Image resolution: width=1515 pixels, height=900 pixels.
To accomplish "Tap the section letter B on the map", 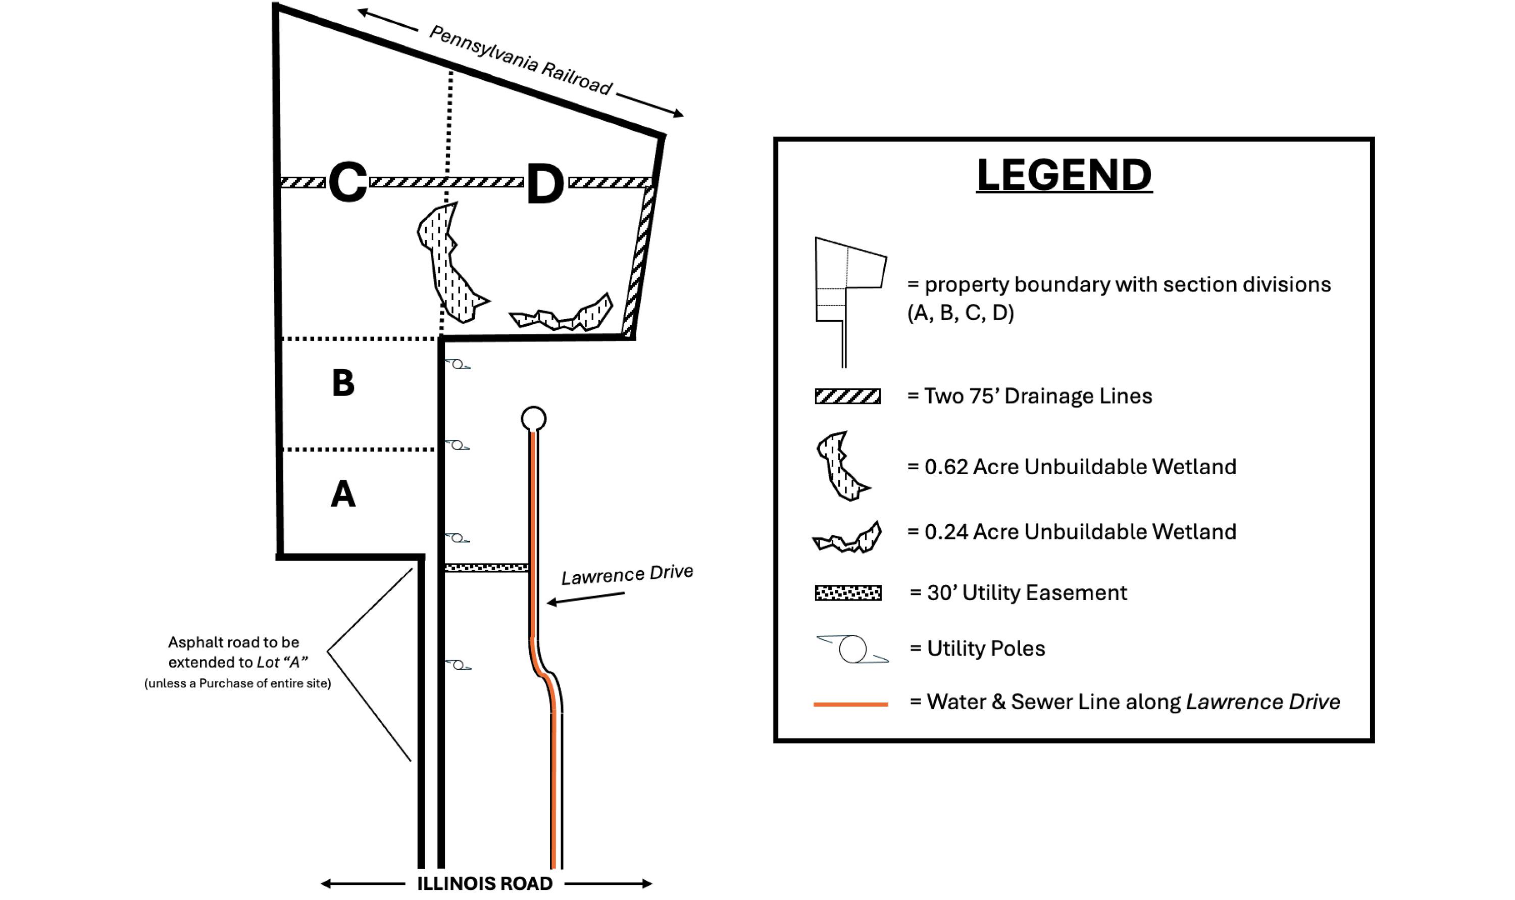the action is [343, 383].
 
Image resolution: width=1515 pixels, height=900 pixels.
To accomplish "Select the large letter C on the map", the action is [347, 181].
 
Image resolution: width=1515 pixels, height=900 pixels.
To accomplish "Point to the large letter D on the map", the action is [545, 184].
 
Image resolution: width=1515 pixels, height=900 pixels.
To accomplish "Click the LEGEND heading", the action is [1064, 175].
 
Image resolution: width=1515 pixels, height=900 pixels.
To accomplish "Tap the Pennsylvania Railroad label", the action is [520, 61].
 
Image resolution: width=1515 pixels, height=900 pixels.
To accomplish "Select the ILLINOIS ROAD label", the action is [484, 883].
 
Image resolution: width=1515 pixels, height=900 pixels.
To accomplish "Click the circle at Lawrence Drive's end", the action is [533, 419].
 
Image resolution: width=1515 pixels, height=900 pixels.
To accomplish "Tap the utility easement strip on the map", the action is [487, 568].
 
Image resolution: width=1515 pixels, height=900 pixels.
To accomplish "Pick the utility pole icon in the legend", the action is [852, 649].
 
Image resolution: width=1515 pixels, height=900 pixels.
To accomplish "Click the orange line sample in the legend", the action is [850, 704].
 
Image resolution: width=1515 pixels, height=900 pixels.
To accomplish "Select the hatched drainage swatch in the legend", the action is [847, 396].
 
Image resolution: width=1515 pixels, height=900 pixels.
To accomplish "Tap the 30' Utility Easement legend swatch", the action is [848, 592].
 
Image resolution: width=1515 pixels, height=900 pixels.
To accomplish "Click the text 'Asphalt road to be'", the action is [233, 642].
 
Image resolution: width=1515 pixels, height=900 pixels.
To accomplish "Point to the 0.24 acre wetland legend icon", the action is [847, 537].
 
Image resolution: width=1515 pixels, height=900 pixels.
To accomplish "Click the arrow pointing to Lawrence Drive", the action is [586, 598].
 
